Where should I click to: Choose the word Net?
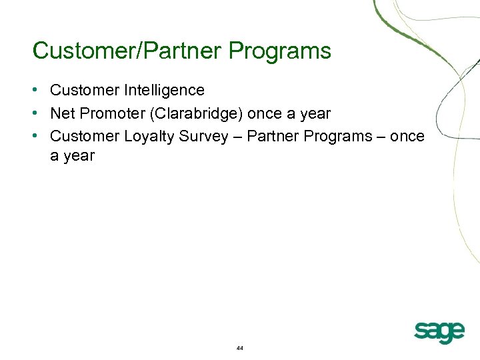(62, 113)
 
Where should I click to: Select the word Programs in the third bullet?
(337, 136)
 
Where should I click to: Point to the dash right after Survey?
(237, 137)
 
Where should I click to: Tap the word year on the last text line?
(80, 156)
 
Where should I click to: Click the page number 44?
(240, 349)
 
